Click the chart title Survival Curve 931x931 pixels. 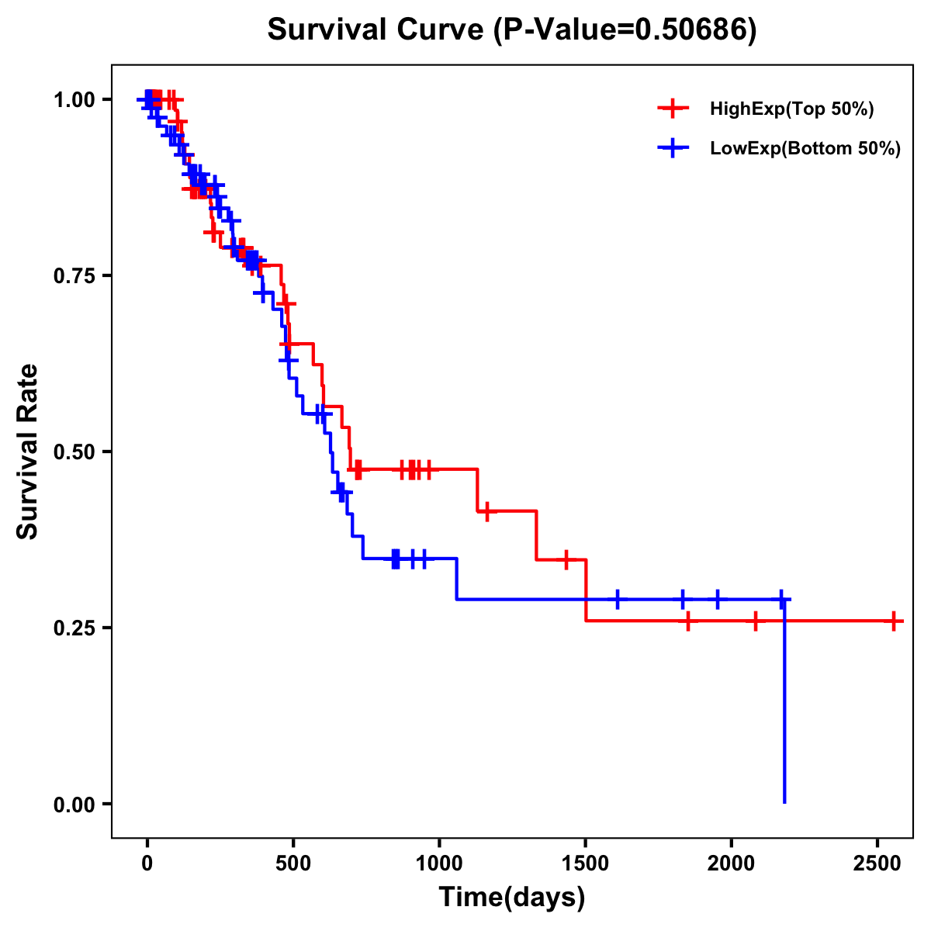tap(511, 29)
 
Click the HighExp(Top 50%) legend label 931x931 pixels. tap(791, 109)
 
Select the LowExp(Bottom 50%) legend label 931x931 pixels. tap(805, 149)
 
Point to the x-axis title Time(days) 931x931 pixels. tap(512, 898)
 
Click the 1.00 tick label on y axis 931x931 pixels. tap(75, 100)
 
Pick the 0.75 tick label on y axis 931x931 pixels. tap(75, 276)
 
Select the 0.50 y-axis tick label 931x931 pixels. tap(75, 452)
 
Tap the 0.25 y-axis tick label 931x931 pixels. tap(75, 628)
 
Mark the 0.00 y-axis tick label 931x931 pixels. tap(75, 805)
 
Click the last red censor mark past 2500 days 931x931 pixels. tap(894, 621)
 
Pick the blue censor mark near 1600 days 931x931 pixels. tap(618, 599)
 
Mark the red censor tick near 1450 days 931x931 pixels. tap(566, 559)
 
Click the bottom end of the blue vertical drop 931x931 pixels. tap(784, 802)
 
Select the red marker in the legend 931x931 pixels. tap(673, 109)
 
